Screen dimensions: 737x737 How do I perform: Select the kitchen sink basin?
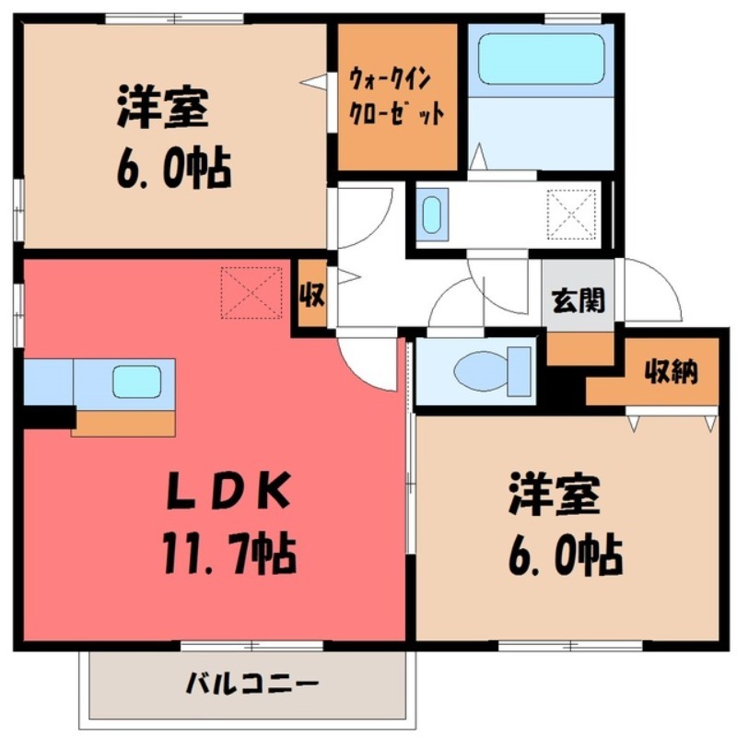(x=137, y=381)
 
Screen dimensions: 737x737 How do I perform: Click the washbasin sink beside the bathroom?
(x=433, y=214)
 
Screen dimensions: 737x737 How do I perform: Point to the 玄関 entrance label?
(x=578, y=300)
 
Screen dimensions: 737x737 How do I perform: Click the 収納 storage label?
(x=670, y=372)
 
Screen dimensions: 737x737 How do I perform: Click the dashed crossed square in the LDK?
(x=252, y=293)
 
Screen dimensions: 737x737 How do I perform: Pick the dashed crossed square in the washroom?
(x=571, y=214)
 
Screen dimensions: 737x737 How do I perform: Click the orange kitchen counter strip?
(x=124, y=422)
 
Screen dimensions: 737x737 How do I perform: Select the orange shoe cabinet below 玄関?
(x=580, y=347)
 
